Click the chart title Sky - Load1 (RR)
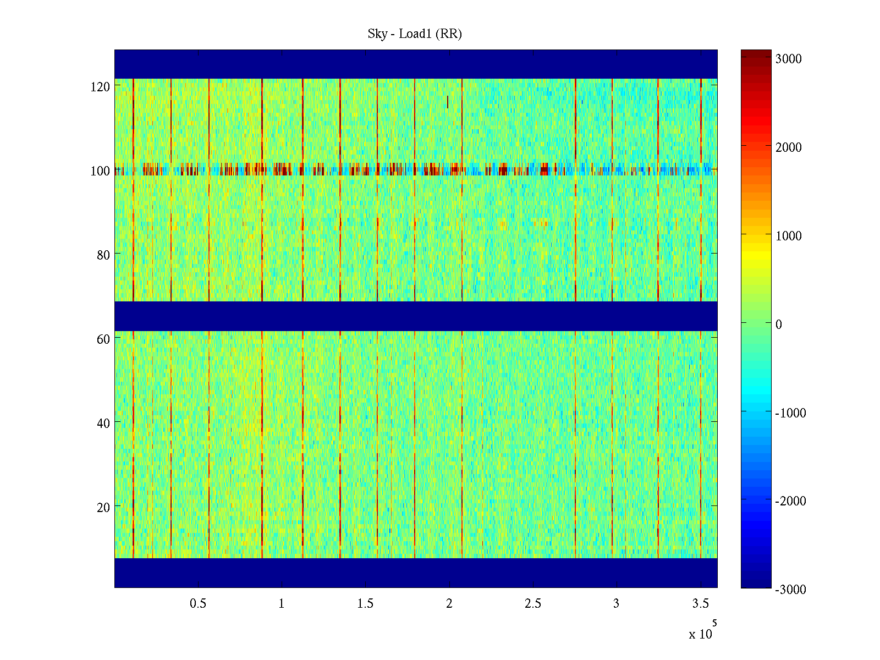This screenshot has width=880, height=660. coord(415,34)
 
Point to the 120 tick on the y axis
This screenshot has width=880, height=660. coord(100,87)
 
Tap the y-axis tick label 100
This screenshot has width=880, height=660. coord(100,171)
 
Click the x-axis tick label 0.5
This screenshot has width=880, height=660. coord(198,604)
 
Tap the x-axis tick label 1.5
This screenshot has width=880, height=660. coord(365,604)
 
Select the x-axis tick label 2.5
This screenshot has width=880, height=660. coord(533,604)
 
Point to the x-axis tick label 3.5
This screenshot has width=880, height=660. coord(700,604)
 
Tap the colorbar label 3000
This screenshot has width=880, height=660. coord(788,59)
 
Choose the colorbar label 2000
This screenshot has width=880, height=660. coord(788,147)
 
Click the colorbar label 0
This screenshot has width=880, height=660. coord(778,324)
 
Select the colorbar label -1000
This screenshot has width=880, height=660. coord(790,413)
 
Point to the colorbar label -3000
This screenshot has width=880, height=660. coord(790,590)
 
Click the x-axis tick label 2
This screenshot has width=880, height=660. coord(449,604)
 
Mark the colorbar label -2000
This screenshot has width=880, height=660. coord(790,501)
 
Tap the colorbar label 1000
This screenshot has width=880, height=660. coord(788,236)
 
